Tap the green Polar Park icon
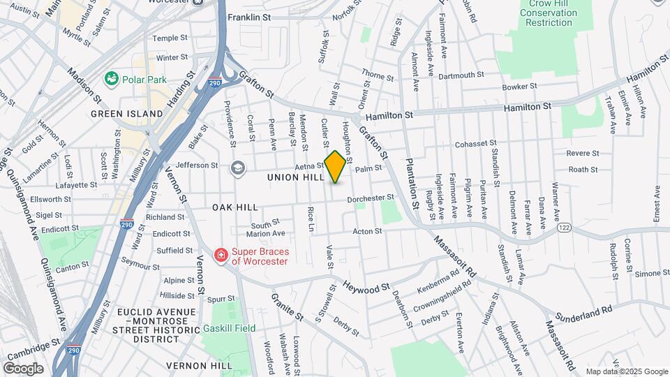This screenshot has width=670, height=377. tap(110, 78)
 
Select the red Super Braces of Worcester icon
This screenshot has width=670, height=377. tap(221, 256)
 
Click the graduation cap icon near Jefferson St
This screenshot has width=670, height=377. tap(238, 167)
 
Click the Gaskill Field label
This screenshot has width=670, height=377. tap(230, 328)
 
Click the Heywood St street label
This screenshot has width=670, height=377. tap(366, 288)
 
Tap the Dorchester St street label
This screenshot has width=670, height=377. tap(373, 198)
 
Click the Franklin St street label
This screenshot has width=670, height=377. tap(248, 17)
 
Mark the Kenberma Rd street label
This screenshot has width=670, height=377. tap(448, 288)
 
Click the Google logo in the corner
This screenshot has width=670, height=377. tap(23, 368)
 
